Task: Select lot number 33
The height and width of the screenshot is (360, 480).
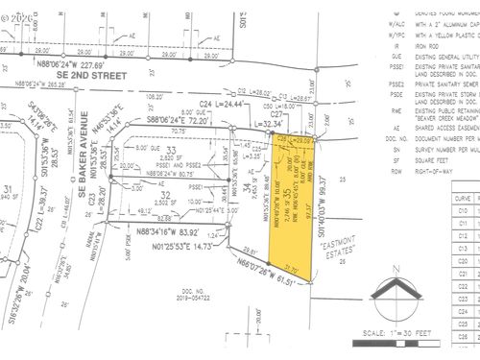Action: pyautogui.click(x=171, y=152)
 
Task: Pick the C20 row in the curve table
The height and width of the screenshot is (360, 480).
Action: pyautogui.click(x=463, y=260)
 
